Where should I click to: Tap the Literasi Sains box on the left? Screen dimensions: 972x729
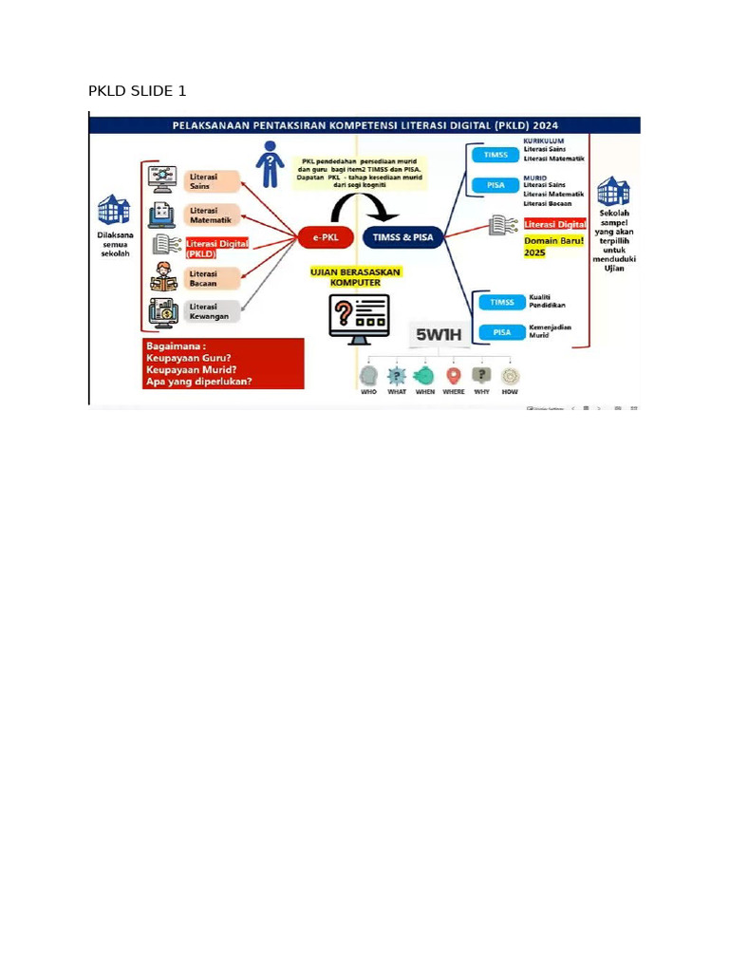tap(214, 181)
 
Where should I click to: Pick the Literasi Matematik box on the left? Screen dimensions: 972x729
tap(214, 215)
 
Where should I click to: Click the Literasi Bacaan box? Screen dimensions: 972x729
tap(214, 279)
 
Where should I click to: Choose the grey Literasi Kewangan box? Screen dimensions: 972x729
tap(214, 311)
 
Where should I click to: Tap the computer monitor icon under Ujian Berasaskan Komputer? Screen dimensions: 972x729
tap(359, 317)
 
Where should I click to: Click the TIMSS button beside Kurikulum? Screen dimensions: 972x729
tap(495, 155)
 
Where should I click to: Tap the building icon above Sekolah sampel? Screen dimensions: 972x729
tap(612, 193)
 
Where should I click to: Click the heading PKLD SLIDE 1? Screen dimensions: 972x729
tap(138, 91)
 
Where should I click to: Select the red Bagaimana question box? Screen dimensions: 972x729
tap(223, 364)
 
